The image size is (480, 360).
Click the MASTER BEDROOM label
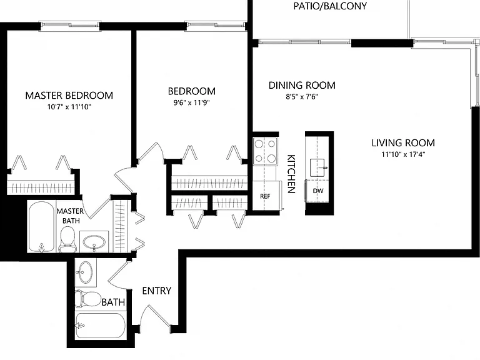click(69, 96)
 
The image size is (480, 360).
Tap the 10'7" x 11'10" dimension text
click(69, 107)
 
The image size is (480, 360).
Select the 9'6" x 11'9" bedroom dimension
click(192, 102)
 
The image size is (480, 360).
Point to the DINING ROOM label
click(302, 85)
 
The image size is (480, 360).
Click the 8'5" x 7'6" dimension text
click(302, 97)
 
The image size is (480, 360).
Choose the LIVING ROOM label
click(403, 143)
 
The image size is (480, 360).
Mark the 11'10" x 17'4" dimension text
click(403, 154)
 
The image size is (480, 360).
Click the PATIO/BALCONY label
click(330, 6)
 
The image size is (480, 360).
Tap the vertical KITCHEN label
click(291, 174)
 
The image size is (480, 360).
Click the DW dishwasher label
click(318, 191)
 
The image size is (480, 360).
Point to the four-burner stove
click(265, 151)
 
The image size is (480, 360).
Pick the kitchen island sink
click(317, 167)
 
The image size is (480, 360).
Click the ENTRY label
click(157, 291)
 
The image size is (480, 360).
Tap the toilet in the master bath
click(67, 239)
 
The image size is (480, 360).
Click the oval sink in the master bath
click(94, 242)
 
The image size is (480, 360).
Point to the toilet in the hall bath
click(88, 299)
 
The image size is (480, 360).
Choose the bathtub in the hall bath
click(100, 326)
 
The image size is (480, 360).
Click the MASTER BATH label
click(71, 216)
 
